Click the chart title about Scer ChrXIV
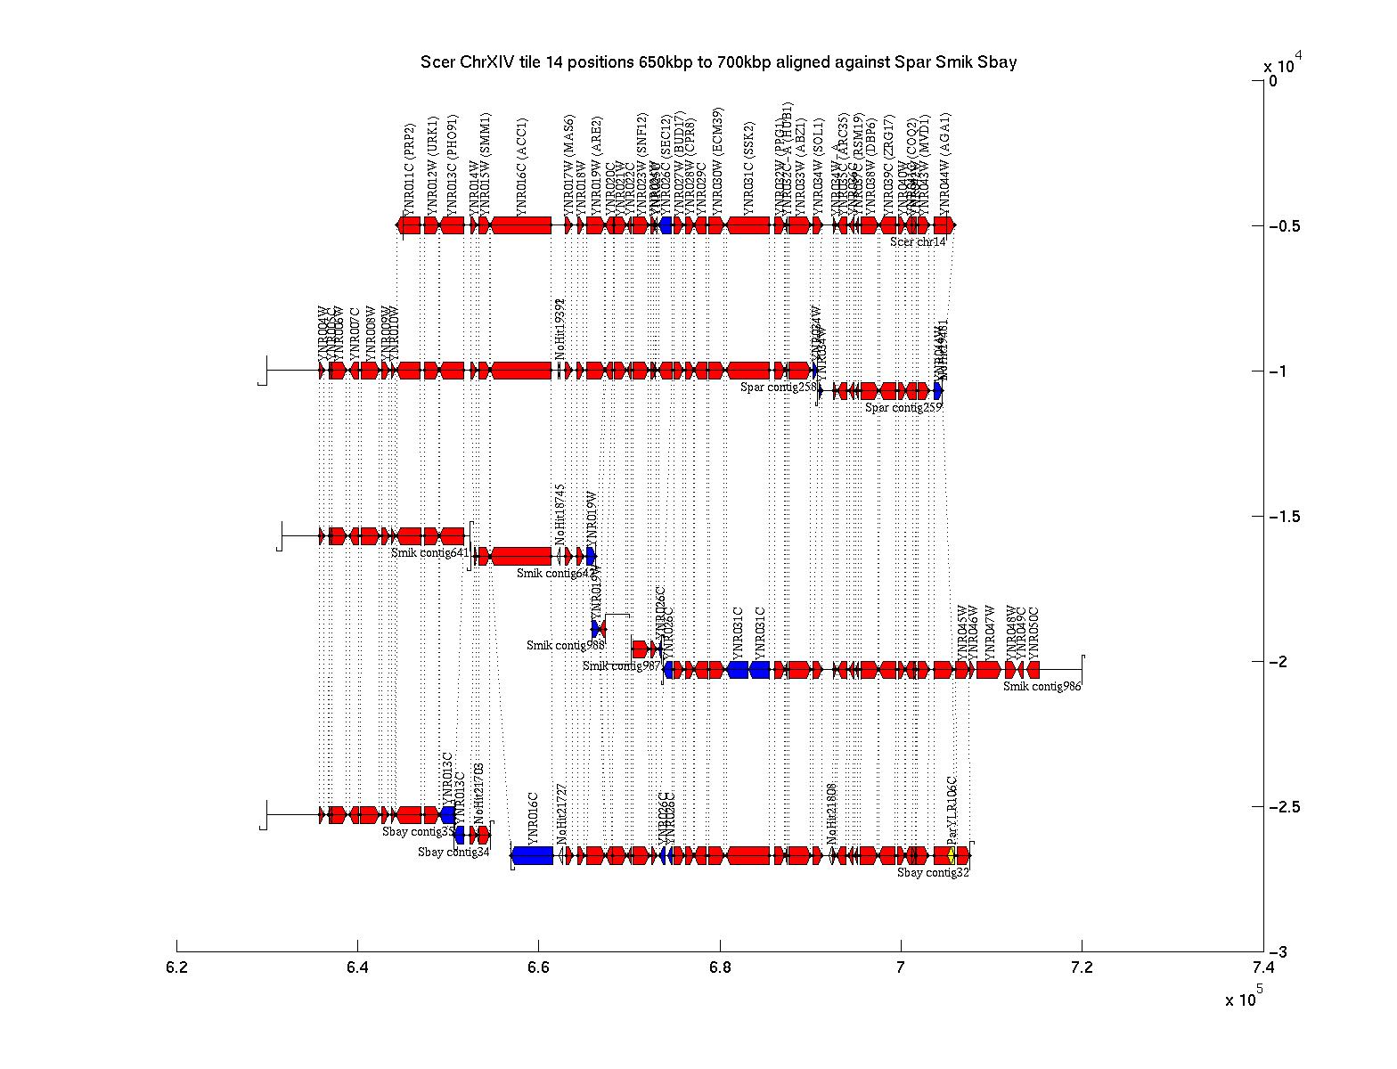718,62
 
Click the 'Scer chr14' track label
917,242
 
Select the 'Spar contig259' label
903,408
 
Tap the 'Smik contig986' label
1042,686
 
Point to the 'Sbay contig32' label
933,873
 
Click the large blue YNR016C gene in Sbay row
533,855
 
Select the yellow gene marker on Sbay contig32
952,855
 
